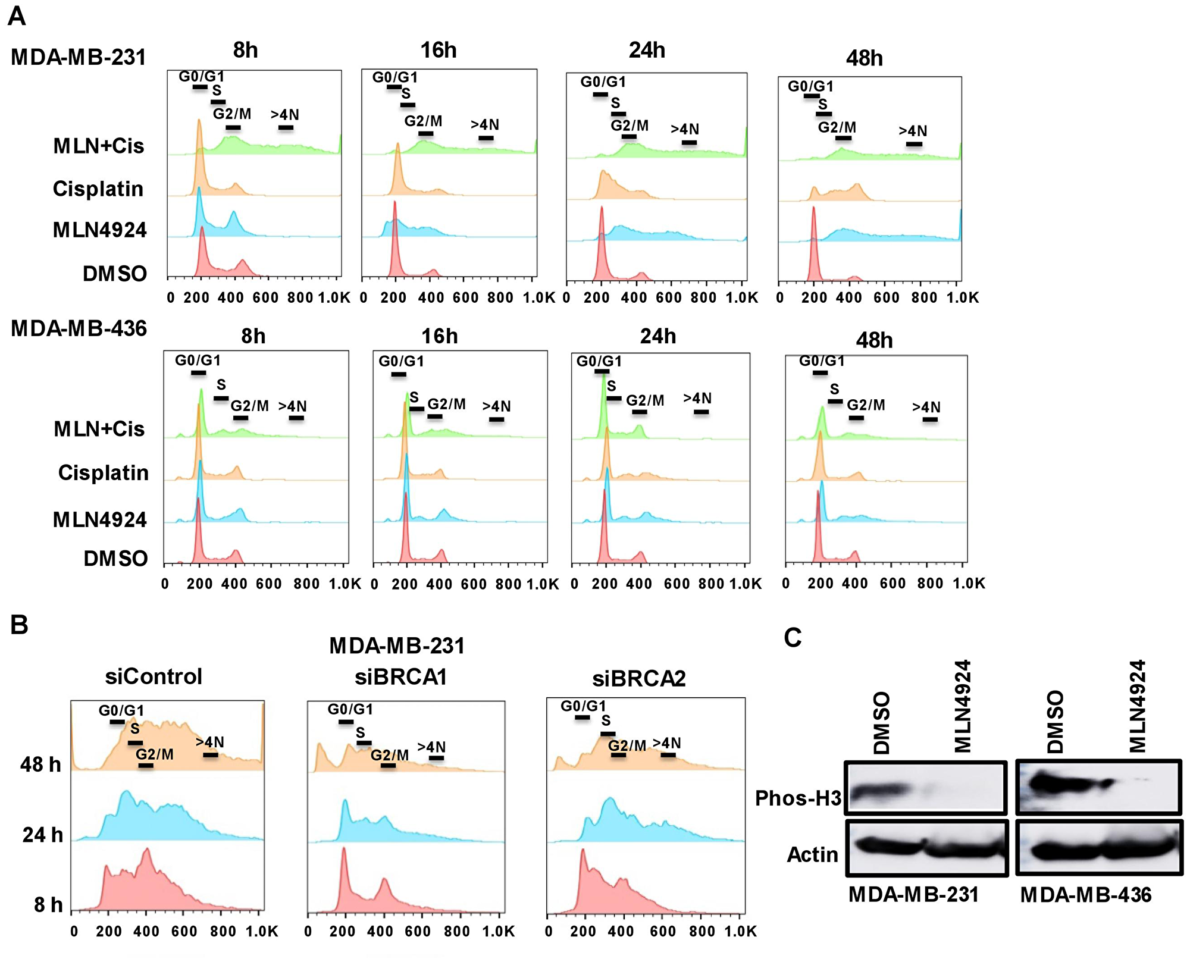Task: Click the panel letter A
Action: click(17, 16)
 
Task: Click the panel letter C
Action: click(793, 638)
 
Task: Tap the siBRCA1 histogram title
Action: click(400, 677)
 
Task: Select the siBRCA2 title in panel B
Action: click(639, 678)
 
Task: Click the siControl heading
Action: click(154, 676)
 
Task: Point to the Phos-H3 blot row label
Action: click(798, 798)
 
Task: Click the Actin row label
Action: click(812, 855)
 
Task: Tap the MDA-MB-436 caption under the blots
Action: click(1086, 895)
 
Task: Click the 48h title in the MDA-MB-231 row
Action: click(864, 58)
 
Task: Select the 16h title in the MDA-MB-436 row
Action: click(440, 336)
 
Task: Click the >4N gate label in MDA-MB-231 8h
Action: click(284, 115)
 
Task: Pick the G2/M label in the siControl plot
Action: click(155, 754)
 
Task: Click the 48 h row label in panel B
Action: click(40, 764)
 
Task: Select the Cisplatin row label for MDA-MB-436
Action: click(104, 472)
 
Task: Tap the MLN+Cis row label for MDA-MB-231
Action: click(99, 146)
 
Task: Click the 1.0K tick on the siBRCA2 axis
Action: click(740, 932)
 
